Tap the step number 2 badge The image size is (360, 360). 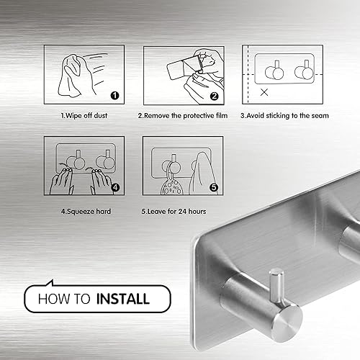click(214, 94)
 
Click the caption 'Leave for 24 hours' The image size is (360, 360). click(184, 211)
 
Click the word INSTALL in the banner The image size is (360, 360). click(121, 297)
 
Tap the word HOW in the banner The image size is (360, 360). click(50, 297)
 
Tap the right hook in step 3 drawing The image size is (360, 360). click(305, 73)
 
